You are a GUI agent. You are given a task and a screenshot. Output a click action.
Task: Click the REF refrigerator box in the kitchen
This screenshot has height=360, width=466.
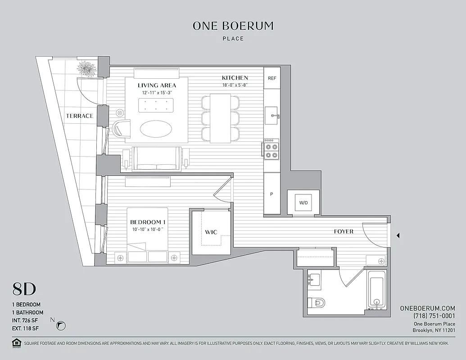point(272,78)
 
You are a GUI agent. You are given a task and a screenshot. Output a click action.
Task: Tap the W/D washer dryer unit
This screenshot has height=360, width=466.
point(303,202)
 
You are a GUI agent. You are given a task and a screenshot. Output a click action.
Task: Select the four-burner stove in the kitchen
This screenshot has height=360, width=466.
point(271,150)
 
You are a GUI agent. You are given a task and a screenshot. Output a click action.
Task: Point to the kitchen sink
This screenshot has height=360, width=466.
point(272,116)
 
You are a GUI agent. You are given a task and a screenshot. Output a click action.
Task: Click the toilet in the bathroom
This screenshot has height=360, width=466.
point(317,303)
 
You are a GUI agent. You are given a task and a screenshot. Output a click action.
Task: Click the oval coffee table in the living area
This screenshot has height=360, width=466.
point(155,130)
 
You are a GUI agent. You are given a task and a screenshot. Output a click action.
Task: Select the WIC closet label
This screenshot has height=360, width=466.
point(211,232)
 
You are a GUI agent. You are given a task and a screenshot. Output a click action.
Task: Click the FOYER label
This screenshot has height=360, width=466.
point(344,232)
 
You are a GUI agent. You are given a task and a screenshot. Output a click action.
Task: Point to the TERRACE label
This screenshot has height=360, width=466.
point(80,116)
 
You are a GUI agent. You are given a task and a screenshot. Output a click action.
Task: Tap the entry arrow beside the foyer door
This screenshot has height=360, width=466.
point(398,235)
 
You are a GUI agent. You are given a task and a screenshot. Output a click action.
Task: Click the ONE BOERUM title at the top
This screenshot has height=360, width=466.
point(233,26)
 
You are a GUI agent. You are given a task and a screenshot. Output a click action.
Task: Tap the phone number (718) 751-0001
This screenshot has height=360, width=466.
point(434,316)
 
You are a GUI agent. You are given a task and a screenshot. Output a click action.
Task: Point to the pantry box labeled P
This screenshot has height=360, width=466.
point(272,194)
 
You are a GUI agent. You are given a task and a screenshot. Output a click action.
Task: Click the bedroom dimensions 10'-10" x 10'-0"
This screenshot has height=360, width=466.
point(147,230)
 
